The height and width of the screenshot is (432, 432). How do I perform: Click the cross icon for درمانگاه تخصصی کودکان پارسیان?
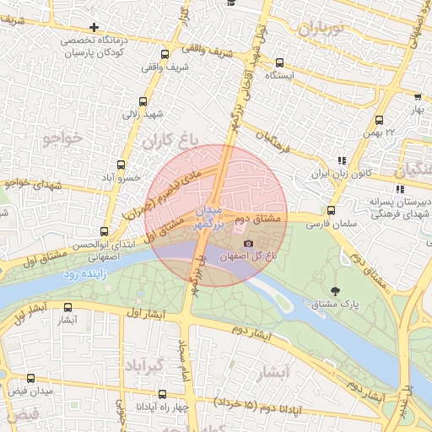point(94,28)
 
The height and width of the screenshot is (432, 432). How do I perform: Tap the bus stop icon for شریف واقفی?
point(177,50)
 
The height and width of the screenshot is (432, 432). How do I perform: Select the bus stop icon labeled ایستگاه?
point(279,62)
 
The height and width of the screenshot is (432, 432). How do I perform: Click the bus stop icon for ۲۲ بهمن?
point(379,120)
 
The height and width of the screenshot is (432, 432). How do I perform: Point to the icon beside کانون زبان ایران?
point(341,160)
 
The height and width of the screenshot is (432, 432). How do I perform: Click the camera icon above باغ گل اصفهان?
point(248,243)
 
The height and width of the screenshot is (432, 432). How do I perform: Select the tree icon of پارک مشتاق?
point(337,291)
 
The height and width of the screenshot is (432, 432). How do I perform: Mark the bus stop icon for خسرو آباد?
point(121,165)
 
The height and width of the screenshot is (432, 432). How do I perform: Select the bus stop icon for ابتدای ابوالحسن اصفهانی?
point(105,230)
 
